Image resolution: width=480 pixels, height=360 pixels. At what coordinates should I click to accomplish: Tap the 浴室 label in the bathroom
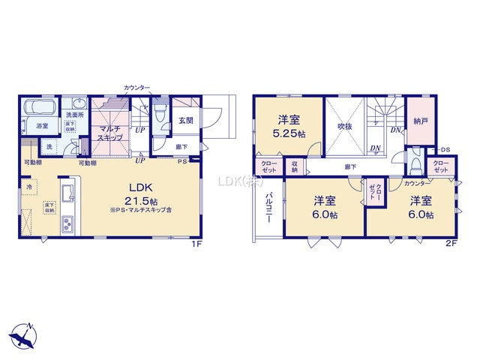tap(41, 126)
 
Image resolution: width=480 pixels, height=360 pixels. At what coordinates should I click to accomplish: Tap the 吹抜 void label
tap(344, 127)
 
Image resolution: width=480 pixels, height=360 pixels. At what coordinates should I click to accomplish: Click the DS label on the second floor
tap(444, 150)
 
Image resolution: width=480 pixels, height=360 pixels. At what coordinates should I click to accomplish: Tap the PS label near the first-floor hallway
tap(182, 161)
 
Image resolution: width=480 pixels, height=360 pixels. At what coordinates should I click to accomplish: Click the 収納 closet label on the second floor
tap(295, 166)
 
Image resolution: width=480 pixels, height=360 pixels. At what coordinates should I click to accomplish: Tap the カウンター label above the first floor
tap(139, 88)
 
